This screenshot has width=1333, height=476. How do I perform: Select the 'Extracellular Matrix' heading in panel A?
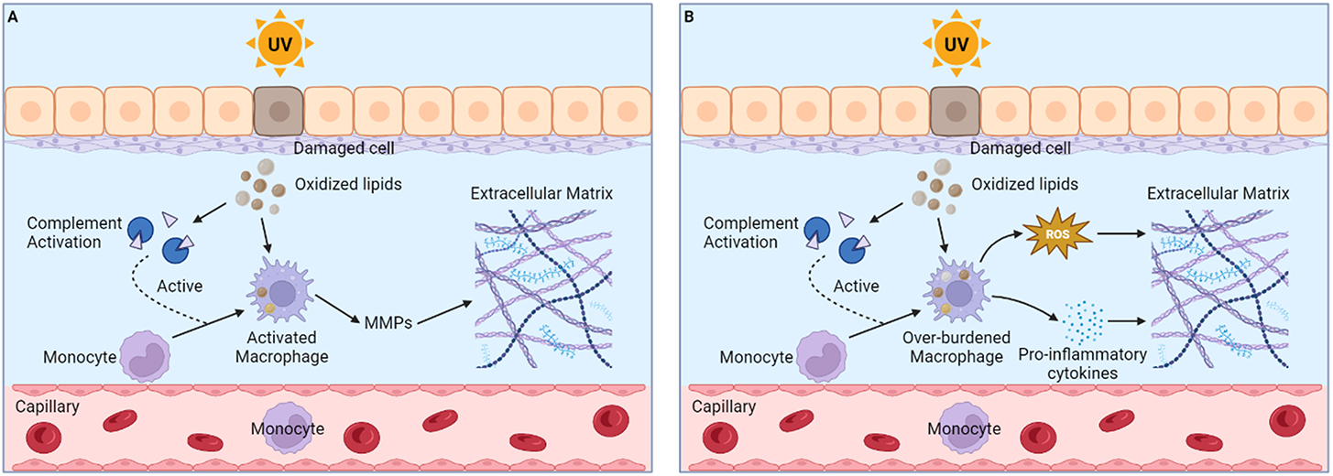543,195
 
